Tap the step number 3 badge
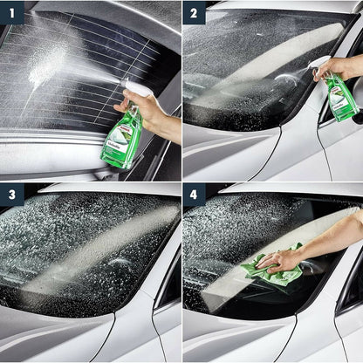click(x=11, y=195)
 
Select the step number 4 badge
click(x=194, y=195)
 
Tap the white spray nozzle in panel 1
click(x=137, y=88)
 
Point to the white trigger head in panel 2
click(x=320, y=63)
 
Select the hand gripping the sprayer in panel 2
click(x=337, y=68)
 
